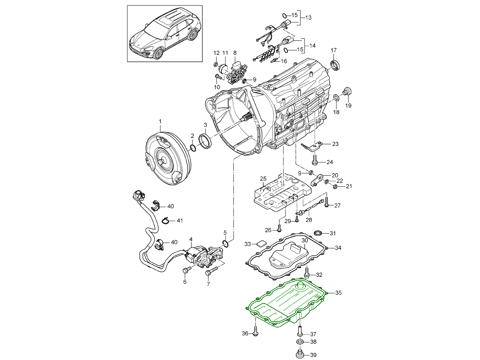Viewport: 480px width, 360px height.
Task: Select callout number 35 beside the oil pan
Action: click(x=338, y=293)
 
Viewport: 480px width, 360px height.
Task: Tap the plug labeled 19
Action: click(x=347, y=91)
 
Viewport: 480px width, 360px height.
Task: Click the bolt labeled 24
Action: click(x=314, y=160)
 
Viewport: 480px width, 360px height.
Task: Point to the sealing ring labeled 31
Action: click(x=317, y=233)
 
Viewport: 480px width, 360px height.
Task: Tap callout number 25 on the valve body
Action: click(x=263, y=179)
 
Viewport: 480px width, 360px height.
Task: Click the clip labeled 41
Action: click(x=166, y=221)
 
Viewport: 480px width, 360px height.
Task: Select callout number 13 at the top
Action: click(x=308, y=17)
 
